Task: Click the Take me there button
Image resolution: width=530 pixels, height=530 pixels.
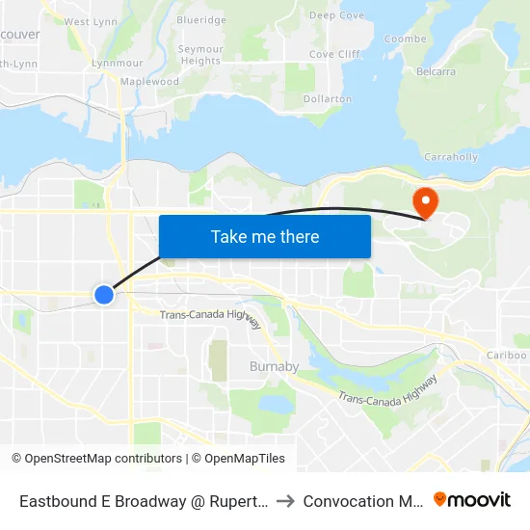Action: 265,236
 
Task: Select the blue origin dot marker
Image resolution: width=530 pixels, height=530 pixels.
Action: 104,294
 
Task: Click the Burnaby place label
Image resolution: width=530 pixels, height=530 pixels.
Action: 275,367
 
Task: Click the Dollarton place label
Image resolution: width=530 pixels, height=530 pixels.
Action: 327,98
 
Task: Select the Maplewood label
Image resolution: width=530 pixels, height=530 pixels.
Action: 149,82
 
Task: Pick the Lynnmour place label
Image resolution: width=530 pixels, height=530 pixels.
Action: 110,62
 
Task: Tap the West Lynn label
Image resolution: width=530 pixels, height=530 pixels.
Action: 90,21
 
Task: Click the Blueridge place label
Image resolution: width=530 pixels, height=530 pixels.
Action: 201,20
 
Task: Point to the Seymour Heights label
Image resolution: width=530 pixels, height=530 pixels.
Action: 200,55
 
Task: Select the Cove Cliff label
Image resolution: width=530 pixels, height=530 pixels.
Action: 335,55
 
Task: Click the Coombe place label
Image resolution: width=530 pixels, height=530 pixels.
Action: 405,40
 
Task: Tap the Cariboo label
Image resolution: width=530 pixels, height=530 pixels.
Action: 507,356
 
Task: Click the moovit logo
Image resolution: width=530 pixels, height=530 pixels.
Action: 472,500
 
